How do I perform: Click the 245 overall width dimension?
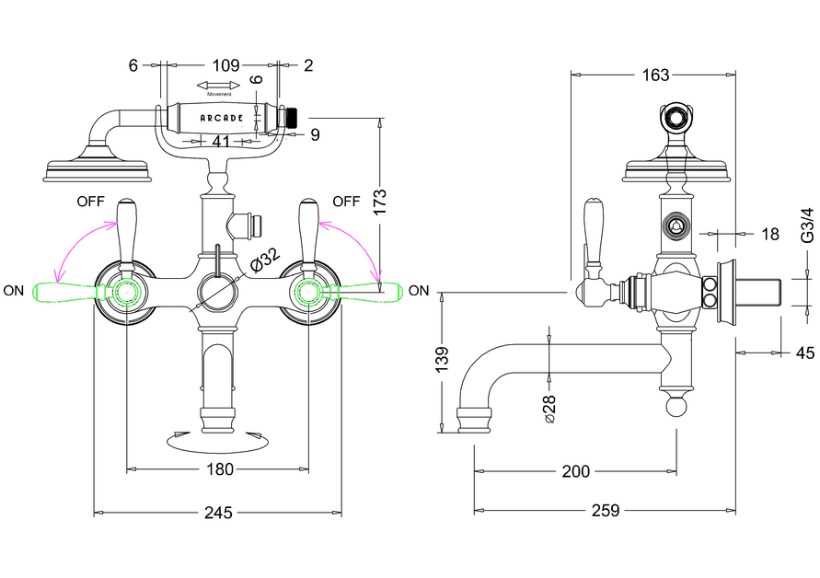(218, 512)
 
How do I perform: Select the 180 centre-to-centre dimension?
(218, 469)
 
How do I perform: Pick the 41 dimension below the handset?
(221, 142)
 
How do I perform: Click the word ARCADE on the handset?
(222, 119)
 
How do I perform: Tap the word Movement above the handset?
(219, 94)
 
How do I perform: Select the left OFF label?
(89, 201)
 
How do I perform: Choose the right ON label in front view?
(419, 291)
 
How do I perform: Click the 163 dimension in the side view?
(655, 75)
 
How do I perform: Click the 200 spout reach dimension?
(575, 471)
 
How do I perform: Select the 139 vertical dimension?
(442, 356)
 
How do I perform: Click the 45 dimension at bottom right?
(805, 352)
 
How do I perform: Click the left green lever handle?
(64, 292)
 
